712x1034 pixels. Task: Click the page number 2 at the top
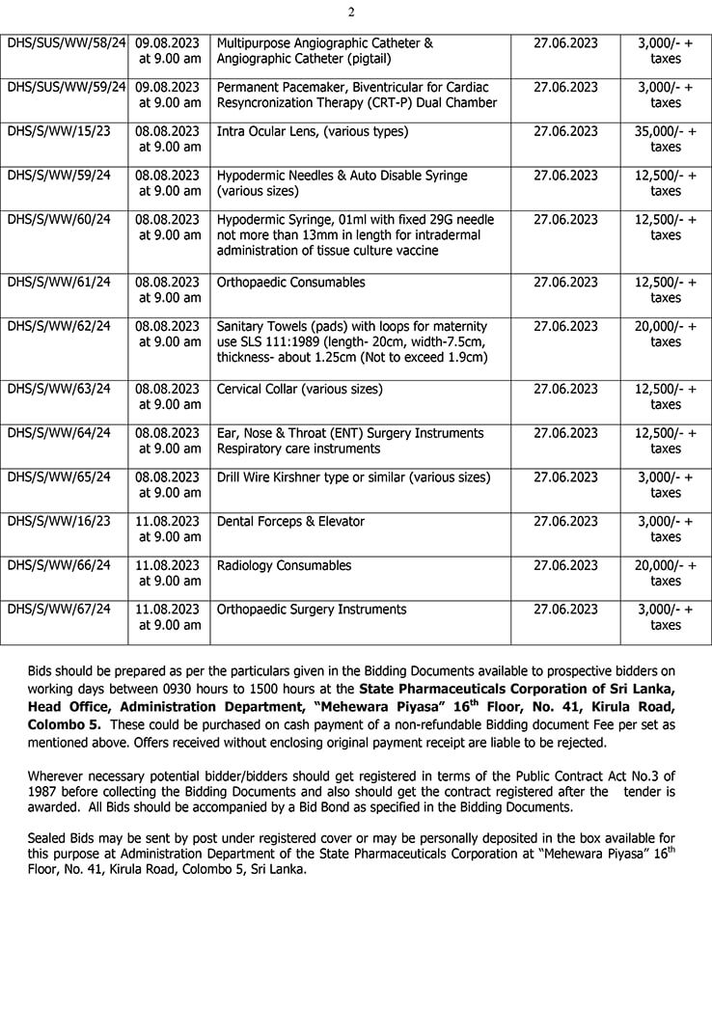(x=352, y=13)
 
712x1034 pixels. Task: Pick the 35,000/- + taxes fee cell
(x=666, y=139)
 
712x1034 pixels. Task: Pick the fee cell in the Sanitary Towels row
(x=666, y=334)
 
